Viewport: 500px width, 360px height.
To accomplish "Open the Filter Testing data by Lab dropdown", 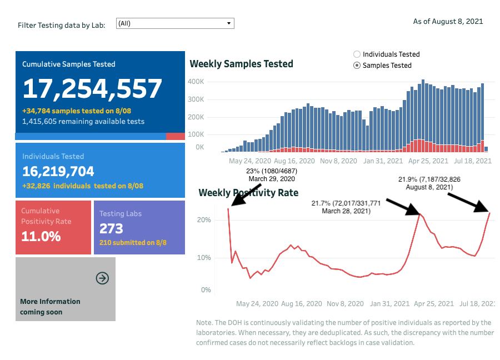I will point(175,23).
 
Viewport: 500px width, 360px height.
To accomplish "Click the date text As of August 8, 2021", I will point(448,22).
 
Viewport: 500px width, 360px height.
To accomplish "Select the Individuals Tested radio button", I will point(357,54).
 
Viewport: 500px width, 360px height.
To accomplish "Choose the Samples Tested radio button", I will point(357,66).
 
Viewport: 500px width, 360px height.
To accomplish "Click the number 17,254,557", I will point(92,89).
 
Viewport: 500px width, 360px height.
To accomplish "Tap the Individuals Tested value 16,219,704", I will point(58,171).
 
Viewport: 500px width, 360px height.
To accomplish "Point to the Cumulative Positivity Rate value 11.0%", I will point(41,236).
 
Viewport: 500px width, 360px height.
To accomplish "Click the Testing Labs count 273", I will point(111,228).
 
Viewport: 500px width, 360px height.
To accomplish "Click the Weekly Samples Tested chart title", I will point(242,64).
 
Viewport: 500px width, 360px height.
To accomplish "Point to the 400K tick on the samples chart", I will point(198,82).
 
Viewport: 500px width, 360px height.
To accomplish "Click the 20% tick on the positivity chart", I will point(204,220).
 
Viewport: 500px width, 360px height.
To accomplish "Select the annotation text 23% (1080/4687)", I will point(272,171).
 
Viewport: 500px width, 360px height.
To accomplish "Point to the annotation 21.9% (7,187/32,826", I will point(429,179).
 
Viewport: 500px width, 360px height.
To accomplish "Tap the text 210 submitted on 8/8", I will point(133,242).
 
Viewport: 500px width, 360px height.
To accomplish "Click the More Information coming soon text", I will point(50,307).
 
